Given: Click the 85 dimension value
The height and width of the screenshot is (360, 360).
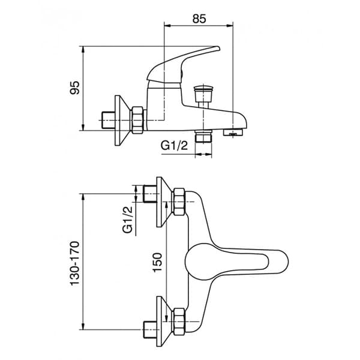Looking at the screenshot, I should click(x=199, y=18).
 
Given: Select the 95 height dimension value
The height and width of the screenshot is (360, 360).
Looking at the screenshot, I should click(x=75, y=89).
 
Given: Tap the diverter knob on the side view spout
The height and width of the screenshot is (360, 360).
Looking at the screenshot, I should click(x=202, y=95).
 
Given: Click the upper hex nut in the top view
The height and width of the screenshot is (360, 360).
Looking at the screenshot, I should click(x=179, y=203).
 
